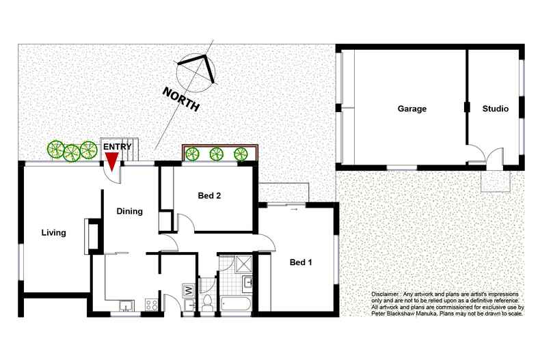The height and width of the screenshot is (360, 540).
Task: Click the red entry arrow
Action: [111, 161]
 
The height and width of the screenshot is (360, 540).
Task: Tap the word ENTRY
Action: [117, 147]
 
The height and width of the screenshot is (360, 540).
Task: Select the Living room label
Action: [53, 233]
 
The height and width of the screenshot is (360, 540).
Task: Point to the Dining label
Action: [129, 211]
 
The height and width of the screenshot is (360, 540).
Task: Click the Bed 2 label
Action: [209, 196]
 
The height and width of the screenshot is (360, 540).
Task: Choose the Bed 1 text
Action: [301, 262]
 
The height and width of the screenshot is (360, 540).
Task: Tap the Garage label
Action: [412, 109]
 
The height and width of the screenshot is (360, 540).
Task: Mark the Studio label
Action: [495, 109]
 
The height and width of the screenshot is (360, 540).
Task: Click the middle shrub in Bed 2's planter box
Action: [217, 154]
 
